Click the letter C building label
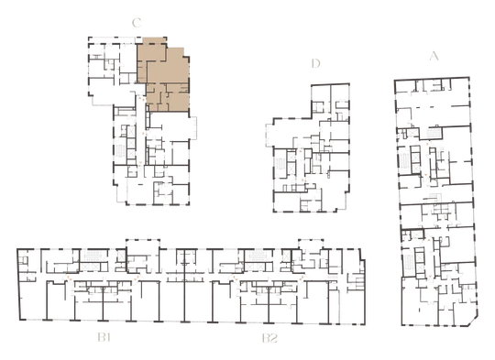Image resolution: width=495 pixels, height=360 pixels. (x=137, y=23)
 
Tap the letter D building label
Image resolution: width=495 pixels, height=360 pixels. (x=315, y=63)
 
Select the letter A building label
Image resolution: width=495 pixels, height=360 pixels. (x=434, y=56)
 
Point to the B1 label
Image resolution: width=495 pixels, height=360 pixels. (x=104, y=338)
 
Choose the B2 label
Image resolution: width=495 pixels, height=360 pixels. (x=269, y=338)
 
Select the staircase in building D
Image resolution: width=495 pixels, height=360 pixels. (x=280, y=165)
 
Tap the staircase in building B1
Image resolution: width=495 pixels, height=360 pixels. (x=93, y=255)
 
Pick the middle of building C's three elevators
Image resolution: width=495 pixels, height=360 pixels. (x=131, y=143)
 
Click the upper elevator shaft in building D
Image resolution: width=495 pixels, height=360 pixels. (x=291, y=157)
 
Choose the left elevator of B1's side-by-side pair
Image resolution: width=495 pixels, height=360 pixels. (x=84, y=267)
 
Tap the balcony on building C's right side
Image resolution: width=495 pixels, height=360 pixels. (x=193, y=127)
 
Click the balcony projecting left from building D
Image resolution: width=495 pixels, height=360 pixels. (x=269, y=136)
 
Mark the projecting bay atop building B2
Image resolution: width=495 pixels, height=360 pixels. (x=311, y=244)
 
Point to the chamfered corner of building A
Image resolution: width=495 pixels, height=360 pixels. (x=474, y=321)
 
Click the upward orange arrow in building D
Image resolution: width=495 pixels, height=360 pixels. (x=301, y=152)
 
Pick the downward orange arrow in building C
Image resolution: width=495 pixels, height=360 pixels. (x=140, y=163)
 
